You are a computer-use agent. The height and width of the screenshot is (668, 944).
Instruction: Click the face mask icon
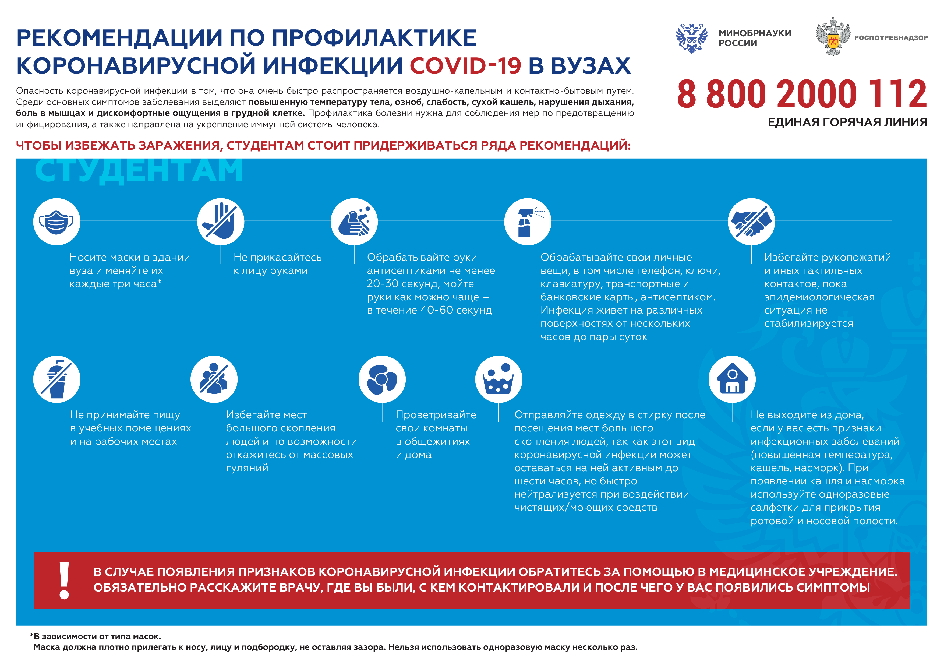(57, 222)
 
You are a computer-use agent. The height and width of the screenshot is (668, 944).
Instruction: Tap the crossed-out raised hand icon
(221, 222)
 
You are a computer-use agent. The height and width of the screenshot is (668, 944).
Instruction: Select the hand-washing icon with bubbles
(354, 222)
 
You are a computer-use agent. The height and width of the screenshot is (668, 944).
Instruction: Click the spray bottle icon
(528, 222)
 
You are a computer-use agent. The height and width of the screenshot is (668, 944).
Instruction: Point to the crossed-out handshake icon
(751, 222)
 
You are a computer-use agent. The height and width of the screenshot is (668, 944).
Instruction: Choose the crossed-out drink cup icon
(57, 379)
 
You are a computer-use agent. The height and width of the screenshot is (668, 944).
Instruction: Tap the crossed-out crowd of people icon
(214, 379)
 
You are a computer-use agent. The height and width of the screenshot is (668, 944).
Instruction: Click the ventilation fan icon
(382, 379)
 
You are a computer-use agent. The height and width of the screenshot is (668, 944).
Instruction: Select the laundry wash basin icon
(499, 379)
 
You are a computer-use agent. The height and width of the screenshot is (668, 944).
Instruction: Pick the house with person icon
(732, 379)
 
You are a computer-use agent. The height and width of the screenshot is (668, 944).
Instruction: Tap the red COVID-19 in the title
(465, 66)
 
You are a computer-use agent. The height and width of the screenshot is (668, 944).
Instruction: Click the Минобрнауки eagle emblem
(692, 38)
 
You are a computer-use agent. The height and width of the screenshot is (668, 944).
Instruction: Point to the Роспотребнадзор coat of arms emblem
(833, 37)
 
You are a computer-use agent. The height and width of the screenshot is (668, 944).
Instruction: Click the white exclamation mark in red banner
(64, 580)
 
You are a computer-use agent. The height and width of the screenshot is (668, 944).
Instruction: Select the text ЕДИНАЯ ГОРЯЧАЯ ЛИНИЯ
(847, 122)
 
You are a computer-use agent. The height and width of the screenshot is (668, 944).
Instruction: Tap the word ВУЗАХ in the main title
(590, 66)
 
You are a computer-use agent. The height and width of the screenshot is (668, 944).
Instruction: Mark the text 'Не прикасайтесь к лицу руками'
(278, 264)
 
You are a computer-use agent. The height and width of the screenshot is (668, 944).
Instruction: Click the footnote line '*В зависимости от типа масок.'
(96, 636)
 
